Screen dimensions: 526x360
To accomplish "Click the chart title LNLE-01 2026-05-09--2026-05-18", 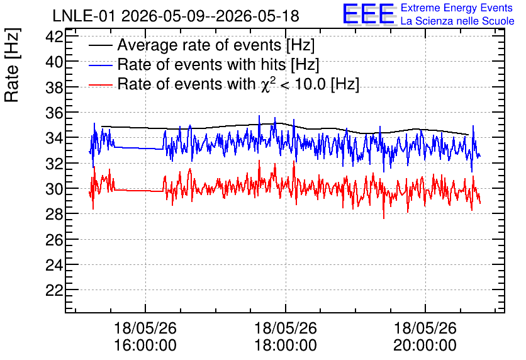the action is pos(176,16).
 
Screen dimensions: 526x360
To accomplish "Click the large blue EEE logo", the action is pos(369,14).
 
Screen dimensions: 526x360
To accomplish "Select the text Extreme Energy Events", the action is pos(457,8).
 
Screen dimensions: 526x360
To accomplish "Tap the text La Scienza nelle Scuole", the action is pos(457,21).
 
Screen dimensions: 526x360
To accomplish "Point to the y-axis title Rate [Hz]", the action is pos(12,65).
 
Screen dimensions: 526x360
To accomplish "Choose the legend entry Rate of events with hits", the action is pos(218,64).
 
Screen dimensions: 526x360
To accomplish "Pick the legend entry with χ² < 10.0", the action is pos(238,84).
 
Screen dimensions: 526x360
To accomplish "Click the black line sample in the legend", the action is pos(100,45).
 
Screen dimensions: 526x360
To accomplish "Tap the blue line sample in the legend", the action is pos(100,65).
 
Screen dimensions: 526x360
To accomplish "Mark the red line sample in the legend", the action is pos(100,85).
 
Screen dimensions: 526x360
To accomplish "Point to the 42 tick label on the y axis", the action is pos(54,37).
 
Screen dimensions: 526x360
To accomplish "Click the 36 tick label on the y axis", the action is pos(54,113).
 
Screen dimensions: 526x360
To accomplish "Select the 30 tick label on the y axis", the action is pos(54,189).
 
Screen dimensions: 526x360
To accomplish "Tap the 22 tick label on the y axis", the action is pos(54,290).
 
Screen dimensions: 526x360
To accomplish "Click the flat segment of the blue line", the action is pos(138,148).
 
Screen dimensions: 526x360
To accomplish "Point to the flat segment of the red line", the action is pos(138,191).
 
